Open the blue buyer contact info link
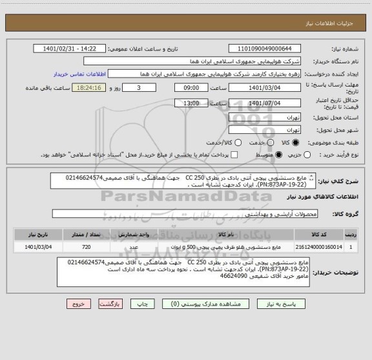pyautogui.click(x=78, y=74)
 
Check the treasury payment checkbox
pyautogui.click(x=234, y=155)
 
